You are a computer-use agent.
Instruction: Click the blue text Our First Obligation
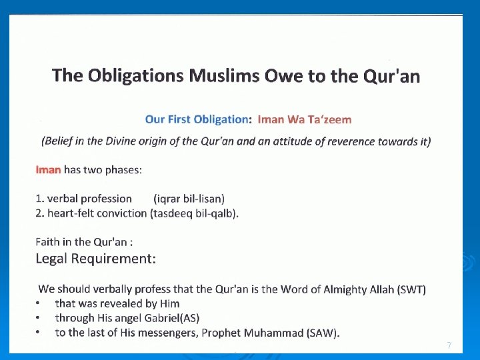click(196, 119)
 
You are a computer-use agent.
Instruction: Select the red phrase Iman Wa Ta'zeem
click(304, 119)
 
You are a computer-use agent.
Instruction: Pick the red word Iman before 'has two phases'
click(48, 169)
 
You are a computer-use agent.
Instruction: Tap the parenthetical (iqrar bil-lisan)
click(189, 199)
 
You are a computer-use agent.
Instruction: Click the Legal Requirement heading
click(96, 259)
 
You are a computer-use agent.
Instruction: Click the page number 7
click(449, 345)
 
